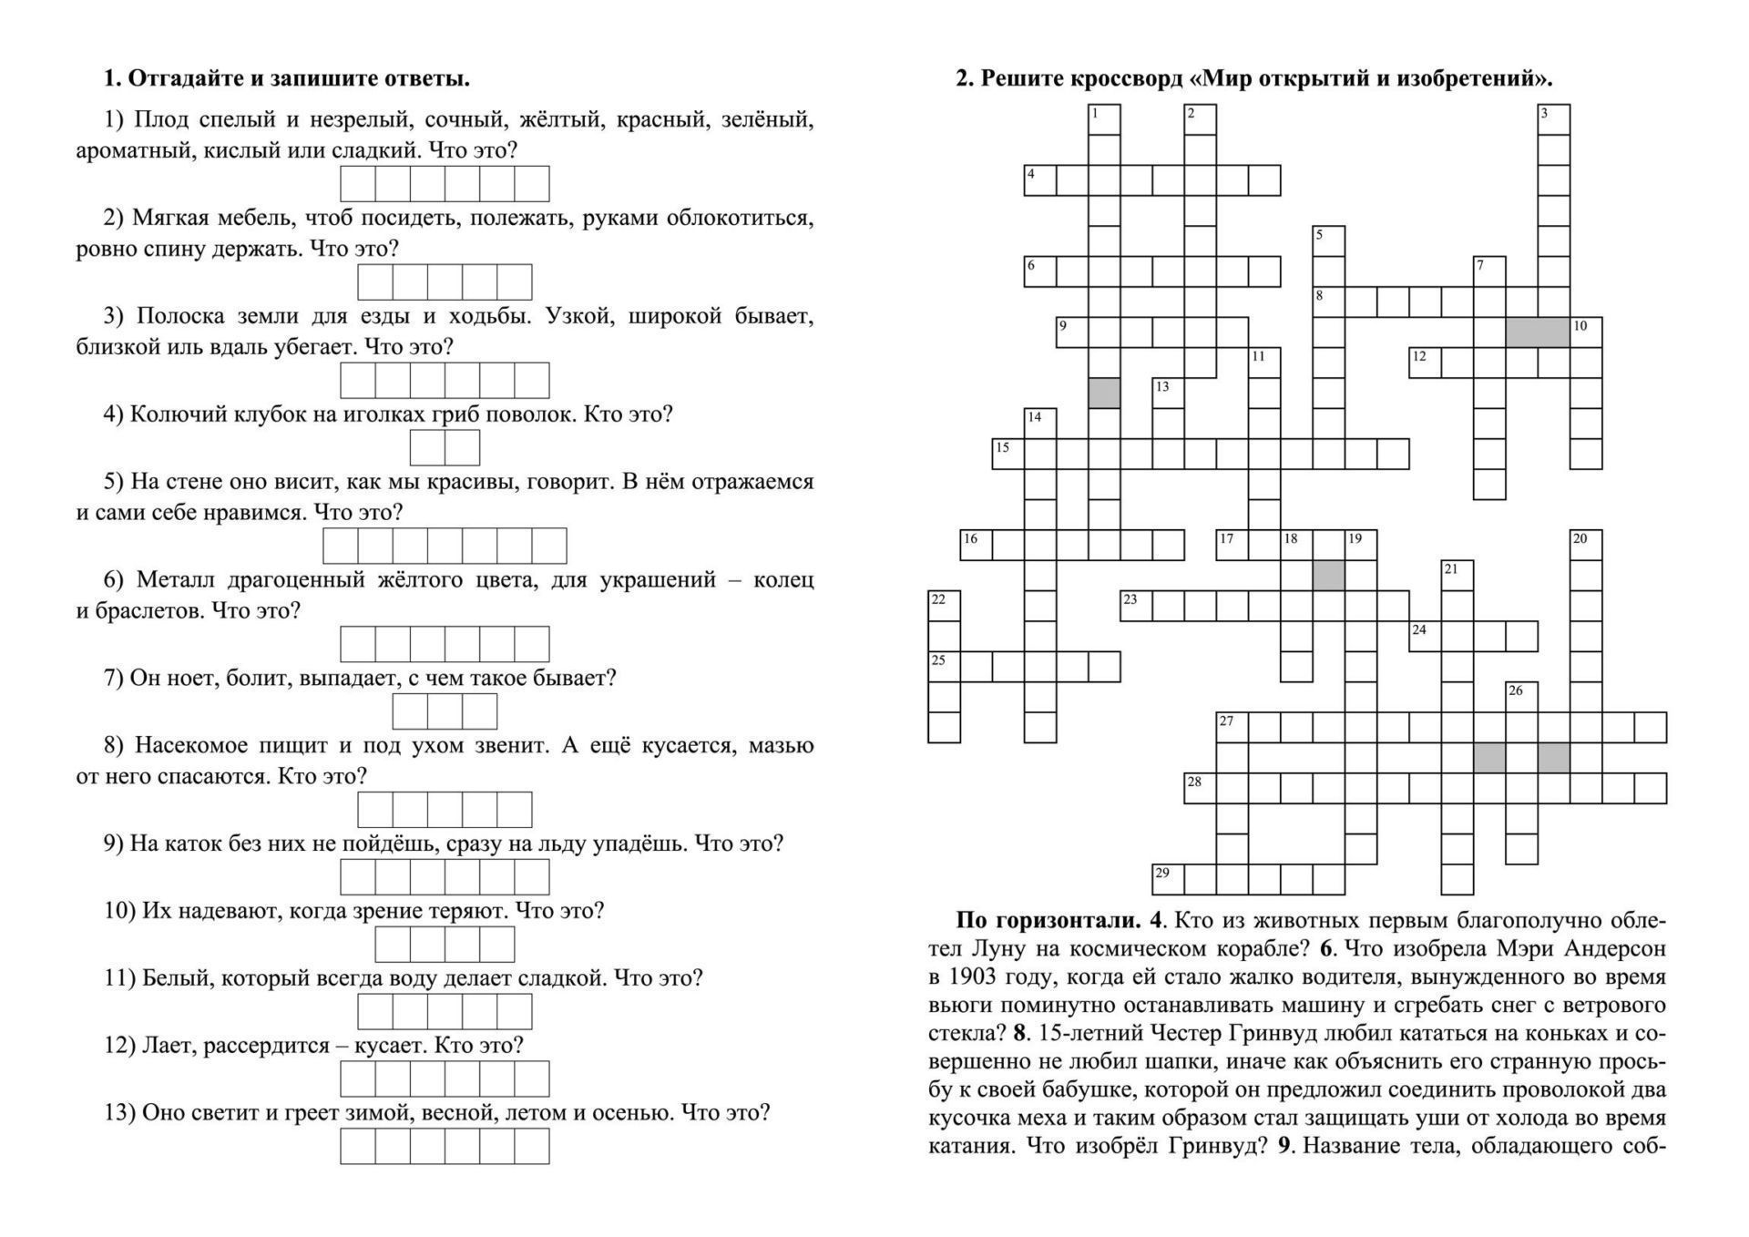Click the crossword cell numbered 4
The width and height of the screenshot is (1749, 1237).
pyautogui.click(x=1039, y=180)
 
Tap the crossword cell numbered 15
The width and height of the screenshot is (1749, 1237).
pyautogui.click(x=1007, y=454)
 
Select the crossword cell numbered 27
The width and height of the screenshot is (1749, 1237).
pyautogui.click(x=1232, y=728)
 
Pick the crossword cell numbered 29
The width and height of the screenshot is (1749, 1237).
pyautogui.click(x=1168, y=879)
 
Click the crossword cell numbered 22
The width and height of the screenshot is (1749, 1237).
pyautogui.click(x=944, y=606)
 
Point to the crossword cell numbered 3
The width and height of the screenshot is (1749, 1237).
pyautogui.click(x=1553, y=119)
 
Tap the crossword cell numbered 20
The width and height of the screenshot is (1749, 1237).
pyautogui.click(x=1586, y=545)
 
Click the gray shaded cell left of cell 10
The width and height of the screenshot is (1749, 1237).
pyautogui.click(x=1537, y=332)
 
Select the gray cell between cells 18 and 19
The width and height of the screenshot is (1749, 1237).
pyautogui.click(x=1328, y=576)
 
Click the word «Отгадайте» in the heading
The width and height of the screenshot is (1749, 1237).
pyautogui.click(x=184, y=79)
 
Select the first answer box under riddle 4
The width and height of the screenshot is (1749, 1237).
pyautogui.click(x=427, y=448)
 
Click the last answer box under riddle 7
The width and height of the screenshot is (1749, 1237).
pyautogui.click(x=480, y=711)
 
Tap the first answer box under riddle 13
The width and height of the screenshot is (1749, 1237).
pyautogui.click(x=358, y=1146)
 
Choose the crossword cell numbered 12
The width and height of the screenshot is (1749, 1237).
pyautogui.click(x=1425, y=363)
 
